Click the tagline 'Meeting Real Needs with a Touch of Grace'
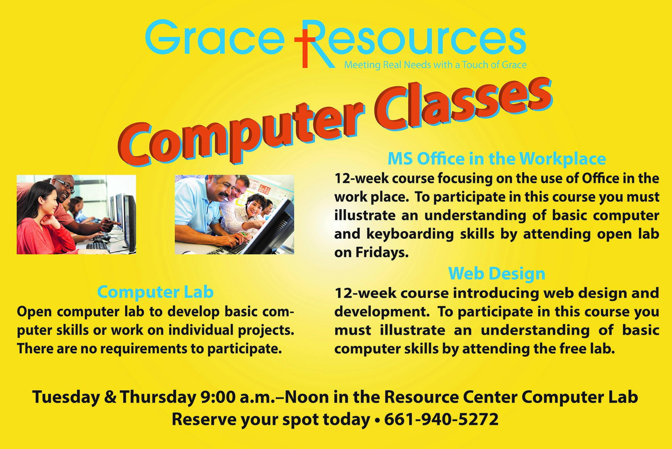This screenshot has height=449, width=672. pos(435,65)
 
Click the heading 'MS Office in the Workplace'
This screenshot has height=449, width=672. pos(497,159)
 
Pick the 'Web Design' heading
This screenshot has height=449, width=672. pos(497,273)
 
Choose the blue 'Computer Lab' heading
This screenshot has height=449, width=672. pos(155,292)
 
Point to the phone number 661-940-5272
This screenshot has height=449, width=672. pos(441,419)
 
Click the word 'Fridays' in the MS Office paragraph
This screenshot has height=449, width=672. pos(382,252)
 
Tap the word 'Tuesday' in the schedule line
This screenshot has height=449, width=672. pos(66,397)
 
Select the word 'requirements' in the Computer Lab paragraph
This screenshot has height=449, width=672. pos(144,349)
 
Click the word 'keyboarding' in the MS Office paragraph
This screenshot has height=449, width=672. pos(410,234)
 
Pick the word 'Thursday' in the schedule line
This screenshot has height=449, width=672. pos(158,397)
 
